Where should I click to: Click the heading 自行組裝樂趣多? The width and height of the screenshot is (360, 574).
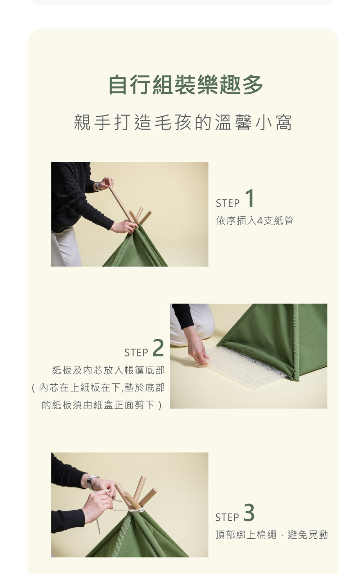click(x=185, y=85)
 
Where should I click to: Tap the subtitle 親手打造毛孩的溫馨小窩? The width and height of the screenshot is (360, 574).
click(x=183, y=122)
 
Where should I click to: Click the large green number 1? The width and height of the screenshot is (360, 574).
click(x=249, y=198)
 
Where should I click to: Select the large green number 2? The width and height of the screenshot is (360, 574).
click(x=158, y=348)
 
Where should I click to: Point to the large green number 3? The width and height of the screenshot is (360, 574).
click(x=249, y=512)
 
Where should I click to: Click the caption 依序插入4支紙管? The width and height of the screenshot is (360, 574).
click(x=255, y=220)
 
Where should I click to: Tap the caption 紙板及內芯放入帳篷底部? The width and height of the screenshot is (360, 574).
click(x=108, y=370)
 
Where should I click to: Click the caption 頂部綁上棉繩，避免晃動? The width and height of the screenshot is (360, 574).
click(x=271, y=535)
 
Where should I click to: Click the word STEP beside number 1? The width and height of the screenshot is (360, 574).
click(x=228, y=203)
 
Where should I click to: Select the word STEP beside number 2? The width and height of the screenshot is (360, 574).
click(x=136, y=353)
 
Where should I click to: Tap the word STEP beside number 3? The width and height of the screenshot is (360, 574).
click(x=227, y=517)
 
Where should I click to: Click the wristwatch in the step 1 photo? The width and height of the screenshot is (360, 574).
click(x=97, y=186)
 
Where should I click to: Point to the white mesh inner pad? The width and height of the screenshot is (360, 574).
click(x=246, y=367)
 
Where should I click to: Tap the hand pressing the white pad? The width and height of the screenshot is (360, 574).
click(x=198, y=350)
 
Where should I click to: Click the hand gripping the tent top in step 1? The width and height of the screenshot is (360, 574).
click(x=124, y=226)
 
